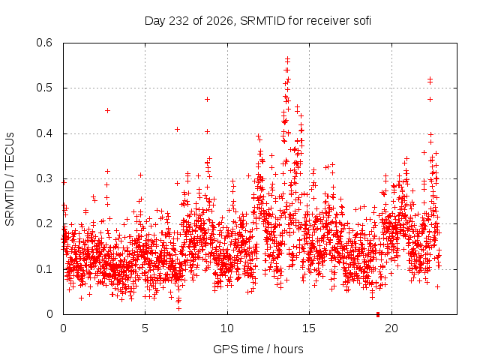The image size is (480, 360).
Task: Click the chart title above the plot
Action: point(258,21)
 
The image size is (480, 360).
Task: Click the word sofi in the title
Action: point(362,21)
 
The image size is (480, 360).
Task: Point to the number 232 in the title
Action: point(179,21)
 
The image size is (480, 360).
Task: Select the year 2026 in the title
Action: point(220,21)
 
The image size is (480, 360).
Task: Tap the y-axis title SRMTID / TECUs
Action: point(10,179)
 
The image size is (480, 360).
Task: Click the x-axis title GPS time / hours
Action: point(258,349)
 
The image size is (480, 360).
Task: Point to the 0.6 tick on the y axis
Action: point(44,43)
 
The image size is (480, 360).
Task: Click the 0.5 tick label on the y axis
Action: point(44,88)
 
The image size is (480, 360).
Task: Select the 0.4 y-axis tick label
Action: point(44,133)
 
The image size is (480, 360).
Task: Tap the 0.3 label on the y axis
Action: point(44,178)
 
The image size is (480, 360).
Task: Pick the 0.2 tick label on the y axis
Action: point(44,223)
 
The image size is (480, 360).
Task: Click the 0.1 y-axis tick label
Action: point(44,269)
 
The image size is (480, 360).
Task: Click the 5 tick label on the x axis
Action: point(145,328)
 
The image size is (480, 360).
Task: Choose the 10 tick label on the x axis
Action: point(227,328)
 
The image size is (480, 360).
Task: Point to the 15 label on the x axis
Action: point(309,328)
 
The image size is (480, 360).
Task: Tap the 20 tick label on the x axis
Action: point(391,328)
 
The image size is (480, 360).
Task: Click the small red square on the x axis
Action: point(378,314)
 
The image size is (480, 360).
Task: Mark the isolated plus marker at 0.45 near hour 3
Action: point(107,110)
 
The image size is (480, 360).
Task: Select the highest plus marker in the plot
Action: point(287,58)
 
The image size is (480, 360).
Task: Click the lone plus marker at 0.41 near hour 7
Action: point(177,130)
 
